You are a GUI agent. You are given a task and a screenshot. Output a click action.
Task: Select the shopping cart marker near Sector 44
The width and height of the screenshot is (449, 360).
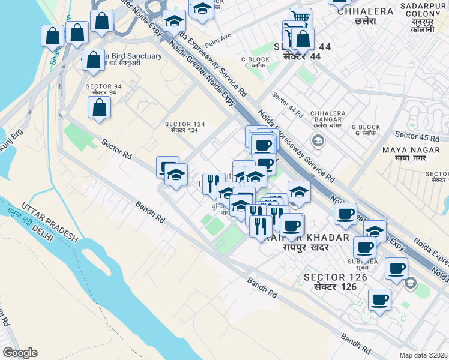point(300,18)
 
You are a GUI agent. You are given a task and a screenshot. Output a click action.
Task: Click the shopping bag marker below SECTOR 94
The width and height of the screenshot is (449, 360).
point(99,108)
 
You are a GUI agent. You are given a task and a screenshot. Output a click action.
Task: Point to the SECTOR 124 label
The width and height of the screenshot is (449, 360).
point(185,127)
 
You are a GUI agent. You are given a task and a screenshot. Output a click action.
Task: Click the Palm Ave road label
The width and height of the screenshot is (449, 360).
point(218,41)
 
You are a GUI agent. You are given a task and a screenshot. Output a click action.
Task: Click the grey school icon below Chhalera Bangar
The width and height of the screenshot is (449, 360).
point(318,141)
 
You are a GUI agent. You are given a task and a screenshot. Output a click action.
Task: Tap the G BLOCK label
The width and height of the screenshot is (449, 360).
point(366,130)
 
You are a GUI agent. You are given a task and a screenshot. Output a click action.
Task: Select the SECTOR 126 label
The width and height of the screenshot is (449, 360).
point(331,281)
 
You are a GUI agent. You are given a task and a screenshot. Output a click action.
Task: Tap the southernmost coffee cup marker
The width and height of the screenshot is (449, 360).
point(379,299)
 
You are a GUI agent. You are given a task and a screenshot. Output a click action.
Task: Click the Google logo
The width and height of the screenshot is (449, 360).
point(20,352)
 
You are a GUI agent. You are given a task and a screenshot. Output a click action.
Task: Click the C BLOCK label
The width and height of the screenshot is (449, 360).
point(255,62)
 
